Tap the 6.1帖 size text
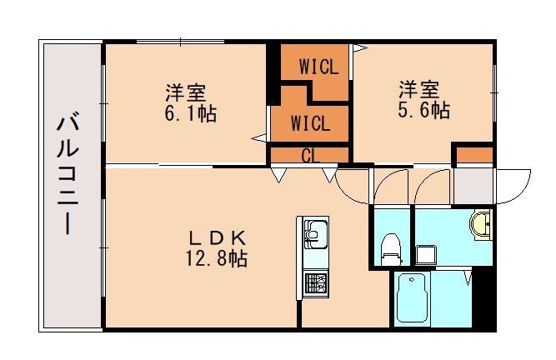190,113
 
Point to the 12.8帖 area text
216,258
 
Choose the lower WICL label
310,123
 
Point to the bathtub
411,298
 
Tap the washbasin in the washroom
481,224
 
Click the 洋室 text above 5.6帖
418,87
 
